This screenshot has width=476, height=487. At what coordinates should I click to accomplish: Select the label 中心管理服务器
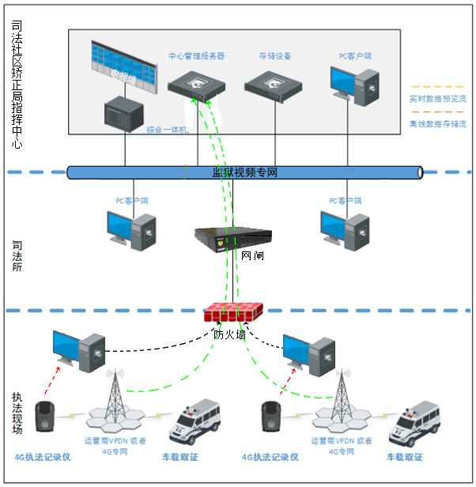pyautogui.click(x=197, y=56)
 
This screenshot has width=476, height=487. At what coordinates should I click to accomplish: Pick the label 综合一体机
pyautogui.click(x=166, y=129)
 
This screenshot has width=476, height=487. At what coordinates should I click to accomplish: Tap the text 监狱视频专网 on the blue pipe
pyautogui.click(x=245, y=172)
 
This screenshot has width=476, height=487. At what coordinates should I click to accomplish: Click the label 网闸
pyautogui.click(x=253, y=256)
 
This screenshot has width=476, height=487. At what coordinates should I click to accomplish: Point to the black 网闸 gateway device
pyautogui.click(x=233, y=236)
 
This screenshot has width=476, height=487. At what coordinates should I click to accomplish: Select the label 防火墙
pyautogui.click(x=230, y=334)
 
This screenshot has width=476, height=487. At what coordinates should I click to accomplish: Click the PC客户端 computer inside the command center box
pyautogui.click(x=353, y=87)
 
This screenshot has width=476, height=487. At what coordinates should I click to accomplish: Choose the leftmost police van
pyautogui.click(x=194, y=425)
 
